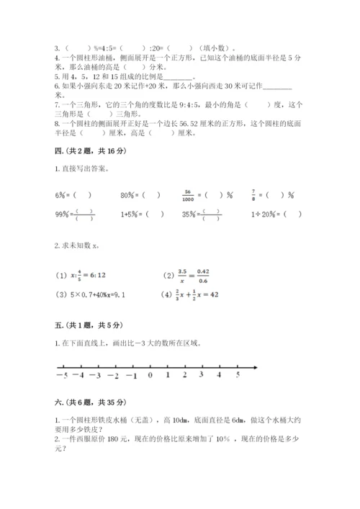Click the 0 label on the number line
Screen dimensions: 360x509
150,375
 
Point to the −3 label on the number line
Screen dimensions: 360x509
95,375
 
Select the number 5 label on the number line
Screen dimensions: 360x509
238,375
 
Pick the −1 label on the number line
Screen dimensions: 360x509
131,375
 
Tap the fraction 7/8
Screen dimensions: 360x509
274,194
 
